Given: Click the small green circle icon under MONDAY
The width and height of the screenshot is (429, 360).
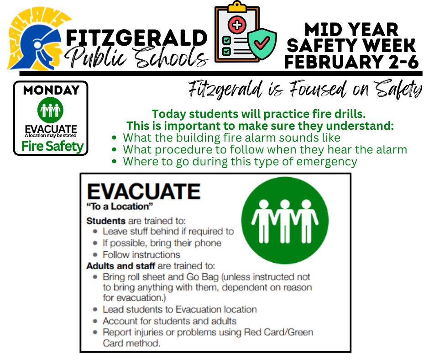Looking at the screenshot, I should tap(50, 110).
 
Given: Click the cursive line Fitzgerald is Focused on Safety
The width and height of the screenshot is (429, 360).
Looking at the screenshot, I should tap(305, 90).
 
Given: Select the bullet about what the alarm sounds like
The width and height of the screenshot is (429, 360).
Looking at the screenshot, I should tap(232, 138).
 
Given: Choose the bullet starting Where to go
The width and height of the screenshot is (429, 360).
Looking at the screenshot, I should tap(240, 161).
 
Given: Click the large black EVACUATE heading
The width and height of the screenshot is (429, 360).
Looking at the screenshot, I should tap(143, 192).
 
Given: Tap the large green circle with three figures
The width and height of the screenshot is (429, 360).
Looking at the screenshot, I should tap(285, 221).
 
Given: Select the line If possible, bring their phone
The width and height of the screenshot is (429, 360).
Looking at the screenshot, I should tap(162, 243).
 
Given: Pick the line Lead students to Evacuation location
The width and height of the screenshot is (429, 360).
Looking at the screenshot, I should tap(179, 309).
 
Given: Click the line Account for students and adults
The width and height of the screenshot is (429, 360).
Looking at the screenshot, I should tap(169, 321).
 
